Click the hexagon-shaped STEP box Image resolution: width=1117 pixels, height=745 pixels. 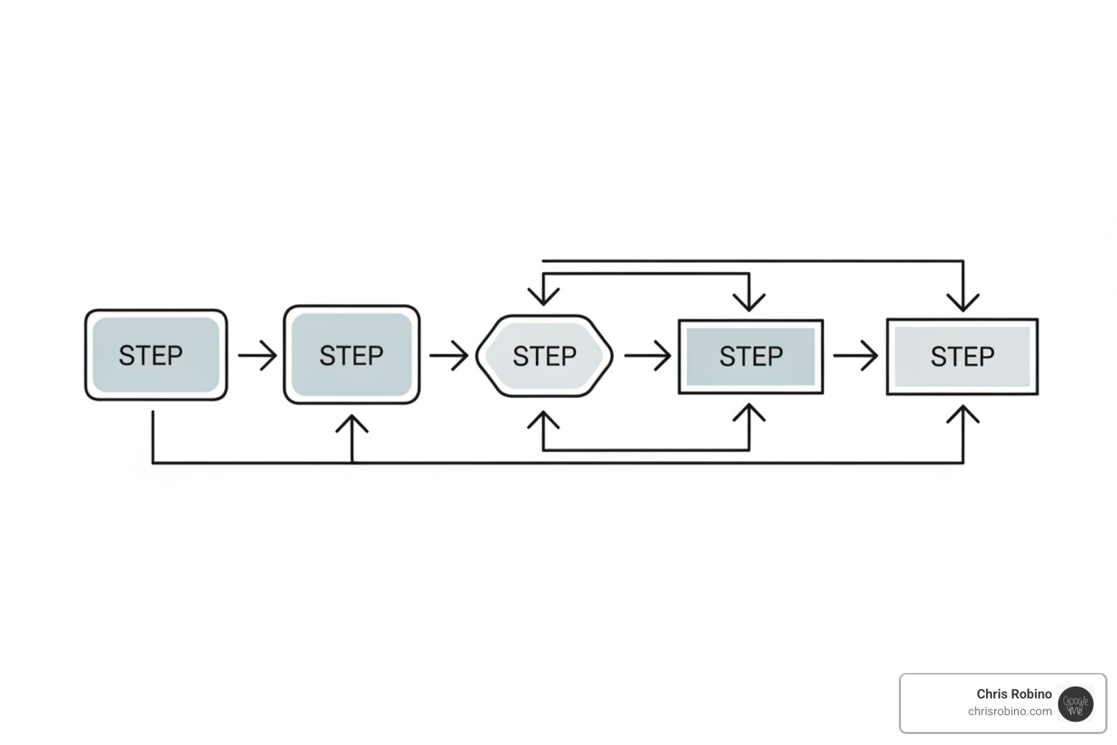click(x=544, y=356)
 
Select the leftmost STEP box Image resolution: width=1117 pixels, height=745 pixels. click(x=156, y=355)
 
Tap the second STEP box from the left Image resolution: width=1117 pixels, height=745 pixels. click(x=351, y=355)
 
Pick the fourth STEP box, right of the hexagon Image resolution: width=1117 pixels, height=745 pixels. click(x=750, y=356)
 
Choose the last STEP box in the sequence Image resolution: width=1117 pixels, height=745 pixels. click(x=962, y=356)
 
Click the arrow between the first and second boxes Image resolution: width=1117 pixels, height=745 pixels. click(x=257, y=356)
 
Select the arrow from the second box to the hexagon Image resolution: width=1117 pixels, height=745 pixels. click(x=449, y=356)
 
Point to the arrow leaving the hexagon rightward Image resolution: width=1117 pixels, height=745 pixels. click(x=647, y=356)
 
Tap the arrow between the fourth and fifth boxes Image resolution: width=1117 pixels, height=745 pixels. click(x=855, y=356)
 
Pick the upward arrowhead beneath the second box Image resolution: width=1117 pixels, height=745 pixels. click(x=352, y=423)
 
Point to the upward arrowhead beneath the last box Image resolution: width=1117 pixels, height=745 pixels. click(x=963, y=415)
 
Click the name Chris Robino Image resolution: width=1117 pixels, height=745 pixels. click(x=1014, y=694)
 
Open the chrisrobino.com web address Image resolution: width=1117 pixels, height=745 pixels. click(x=1009, y=712)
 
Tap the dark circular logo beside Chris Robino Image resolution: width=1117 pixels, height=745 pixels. click(x=1076, y=704)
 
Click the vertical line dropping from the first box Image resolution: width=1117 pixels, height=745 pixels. click(x=153, y=437)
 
